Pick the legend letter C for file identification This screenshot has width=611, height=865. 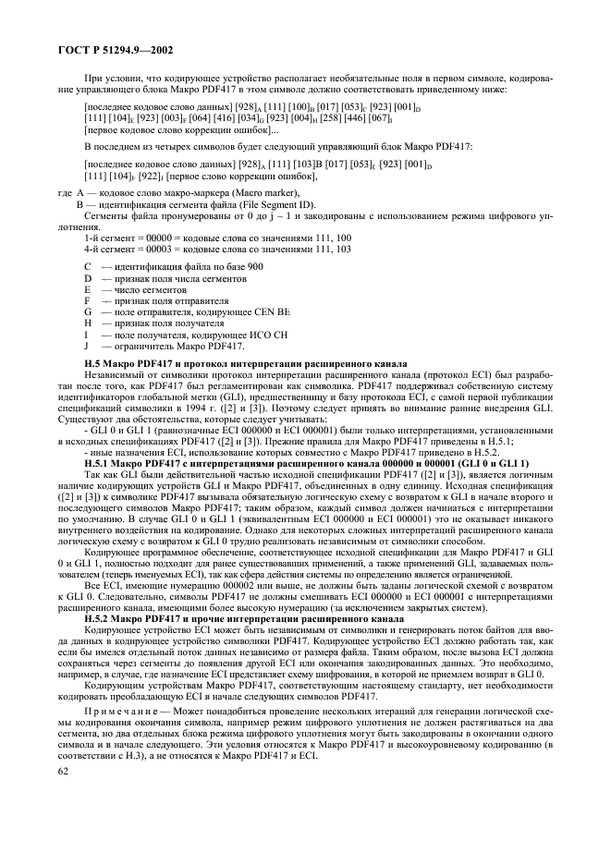[x=87, y=266]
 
